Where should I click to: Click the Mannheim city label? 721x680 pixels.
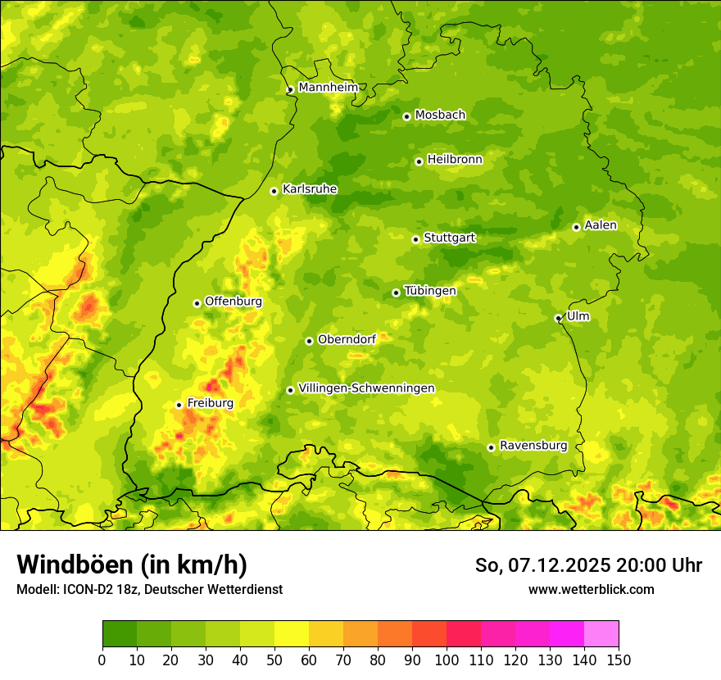click(328, 88)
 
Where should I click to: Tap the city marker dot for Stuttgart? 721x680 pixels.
click(415, 239)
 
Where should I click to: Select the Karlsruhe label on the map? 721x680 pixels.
click(310, 189)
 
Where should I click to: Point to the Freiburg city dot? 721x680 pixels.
click(179, 405)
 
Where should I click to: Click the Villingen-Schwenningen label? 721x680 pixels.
click(366, 388)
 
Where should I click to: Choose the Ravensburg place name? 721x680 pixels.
click(533, 446)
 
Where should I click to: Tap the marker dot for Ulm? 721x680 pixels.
click(558, 318)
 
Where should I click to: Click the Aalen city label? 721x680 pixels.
click(601, 225)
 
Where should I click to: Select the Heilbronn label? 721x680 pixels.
click(455, 160)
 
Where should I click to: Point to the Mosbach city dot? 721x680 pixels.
click(406, 116)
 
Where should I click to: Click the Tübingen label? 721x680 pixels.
click(430, 291)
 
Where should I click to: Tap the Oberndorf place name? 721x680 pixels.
click(347, 339)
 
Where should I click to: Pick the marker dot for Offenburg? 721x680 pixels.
click(197, 303)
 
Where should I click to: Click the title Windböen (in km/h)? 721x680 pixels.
click(131, 564)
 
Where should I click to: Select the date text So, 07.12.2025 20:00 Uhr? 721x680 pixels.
click(588, 565)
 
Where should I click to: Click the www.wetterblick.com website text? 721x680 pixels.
click(591, 589)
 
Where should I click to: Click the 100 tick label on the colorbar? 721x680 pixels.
click(447, 660)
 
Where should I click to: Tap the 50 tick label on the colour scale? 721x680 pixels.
click(274, 660)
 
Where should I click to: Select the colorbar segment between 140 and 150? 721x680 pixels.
click(601, 634)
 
